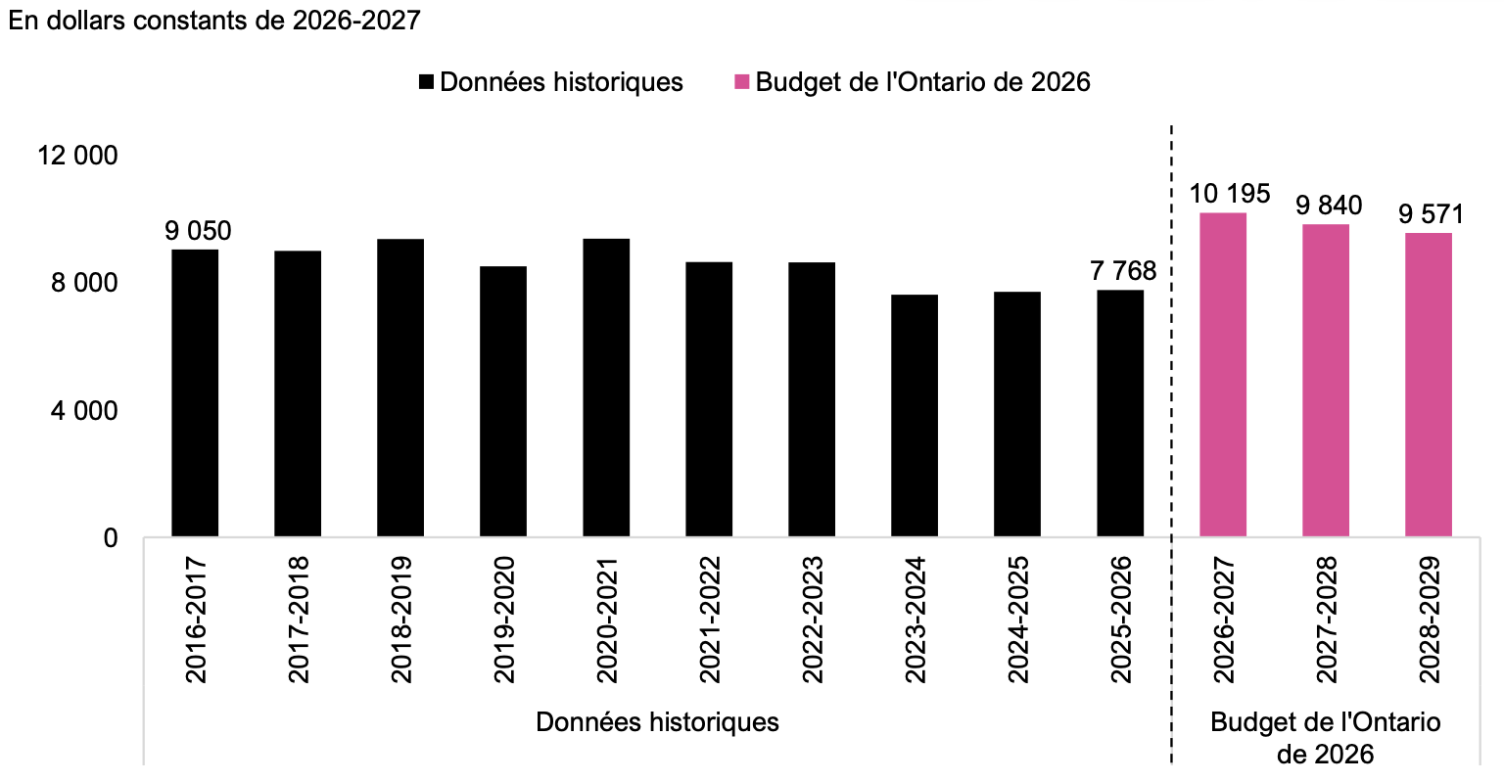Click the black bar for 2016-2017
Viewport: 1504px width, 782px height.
[x=195, y=392]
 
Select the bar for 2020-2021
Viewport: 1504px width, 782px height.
[x=606, y=388]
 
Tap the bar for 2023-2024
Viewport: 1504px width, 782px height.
[x=915, y=416]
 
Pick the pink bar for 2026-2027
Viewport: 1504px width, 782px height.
[x=1223, y=375]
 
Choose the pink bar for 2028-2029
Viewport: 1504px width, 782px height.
[x=1429, y=385]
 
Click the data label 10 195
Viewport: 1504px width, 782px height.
[x=1230, y=194]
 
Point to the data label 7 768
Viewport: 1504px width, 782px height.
[x=1123, y=271]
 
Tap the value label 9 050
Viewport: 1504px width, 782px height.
[x=198, y=231]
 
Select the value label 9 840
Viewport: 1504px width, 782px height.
[x=1329, y=206]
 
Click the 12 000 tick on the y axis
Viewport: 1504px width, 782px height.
[x=77, y=156]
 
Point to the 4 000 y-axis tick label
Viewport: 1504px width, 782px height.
[x=84, y=411]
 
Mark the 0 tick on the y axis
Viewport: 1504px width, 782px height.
[x=111, y=538]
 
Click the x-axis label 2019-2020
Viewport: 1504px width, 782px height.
[x=503, y=620]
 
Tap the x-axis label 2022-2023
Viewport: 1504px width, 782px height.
[x=813, y=620]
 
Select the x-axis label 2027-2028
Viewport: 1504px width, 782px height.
[x=1326, y=620]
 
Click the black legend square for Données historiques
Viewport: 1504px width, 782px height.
[x=426, y=82]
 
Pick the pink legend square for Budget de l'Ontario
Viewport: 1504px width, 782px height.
[x=741, y=82]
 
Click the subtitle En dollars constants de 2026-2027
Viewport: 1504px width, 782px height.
[x=214, y=21]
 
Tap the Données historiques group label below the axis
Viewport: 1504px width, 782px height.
[x=657, y=722]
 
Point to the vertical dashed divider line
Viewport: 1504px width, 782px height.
[x=1172, y=444]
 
